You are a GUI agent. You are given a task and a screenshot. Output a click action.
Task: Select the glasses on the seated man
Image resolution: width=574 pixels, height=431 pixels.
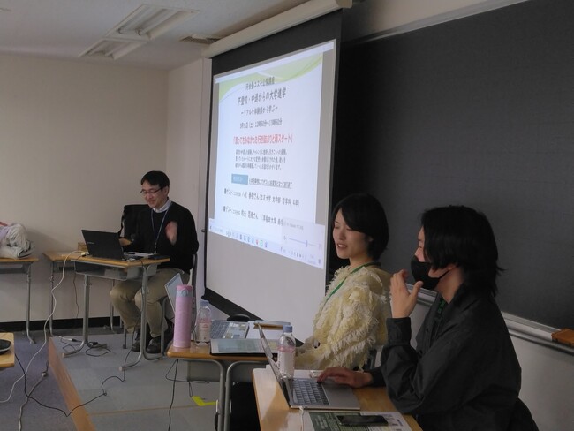[x=151, y=191]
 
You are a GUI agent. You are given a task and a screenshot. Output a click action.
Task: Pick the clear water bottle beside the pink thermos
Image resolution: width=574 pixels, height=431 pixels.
[x=204, y=321]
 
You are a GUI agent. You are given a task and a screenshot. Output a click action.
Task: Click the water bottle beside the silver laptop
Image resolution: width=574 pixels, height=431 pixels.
[x=286, y=350]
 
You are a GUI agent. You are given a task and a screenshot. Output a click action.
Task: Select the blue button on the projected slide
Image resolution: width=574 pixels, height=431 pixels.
[x=239, y=179]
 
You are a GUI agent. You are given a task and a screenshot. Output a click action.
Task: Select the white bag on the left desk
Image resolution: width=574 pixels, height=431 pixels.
[x=13, y=239]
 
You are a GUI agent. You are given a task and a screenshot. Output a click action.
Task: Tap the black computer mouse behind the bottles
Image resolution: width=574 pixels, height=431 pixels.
[x=238, y=318]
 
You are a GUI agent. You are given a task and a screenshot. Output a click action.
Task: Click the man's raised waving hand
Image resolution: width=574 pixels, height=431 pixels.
[x=170, y=231]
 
